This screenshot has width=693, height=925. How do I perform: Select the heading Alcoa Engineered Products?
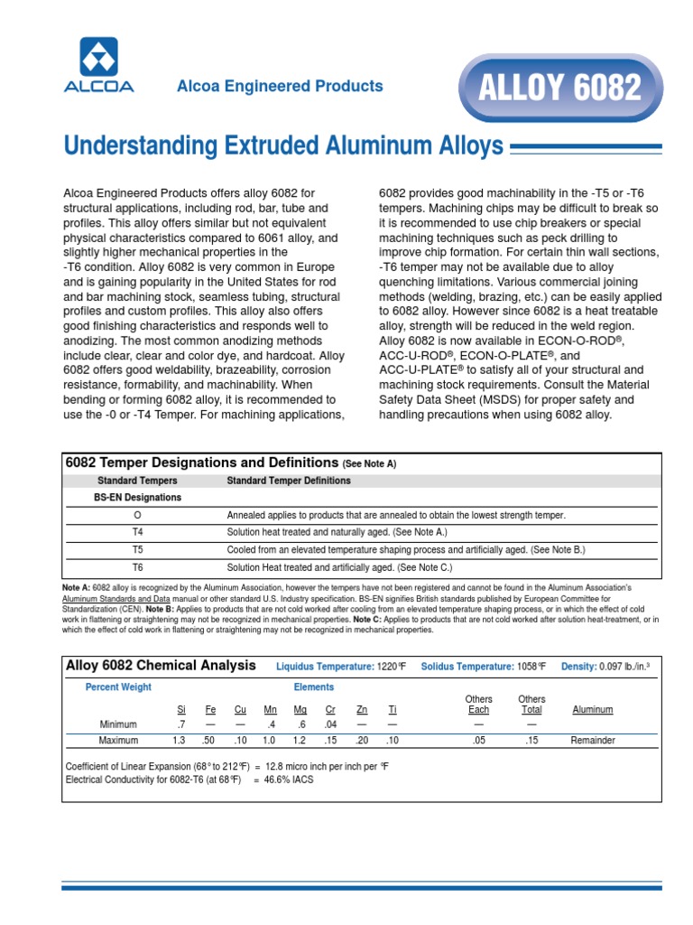[280, 87]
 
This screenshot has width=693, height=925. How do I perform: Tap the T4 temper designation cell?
[137, 532]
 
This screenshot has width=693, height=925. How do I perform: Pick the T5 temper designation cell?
[137, 549]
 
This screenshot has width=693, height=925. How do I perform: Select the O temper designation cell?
[137, 515]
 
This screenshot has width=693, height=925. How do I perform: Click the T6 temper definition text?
[339, 567]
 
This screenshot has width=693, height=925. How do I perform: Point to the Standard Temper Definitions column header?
[289, 481]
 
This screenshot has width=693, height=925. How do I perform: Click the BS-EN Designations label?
[137, 498]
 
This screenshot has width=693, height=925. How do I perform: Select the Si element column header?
[181, 710]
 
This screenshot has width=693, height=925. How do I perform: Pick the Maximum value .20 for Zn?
[361, 741]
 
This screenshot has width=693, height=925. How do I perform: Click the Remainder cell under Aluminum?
[593, 741]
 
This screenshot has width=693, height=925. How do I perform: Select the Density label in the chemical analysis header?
[579, 667]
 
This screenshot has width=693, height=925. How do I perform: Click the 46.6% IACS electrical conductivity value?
[290, 780]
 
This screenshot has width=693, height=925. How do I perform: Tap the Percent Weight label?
[119, 687]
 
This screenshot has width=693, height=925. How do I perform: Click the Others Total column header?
[531, 705]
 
